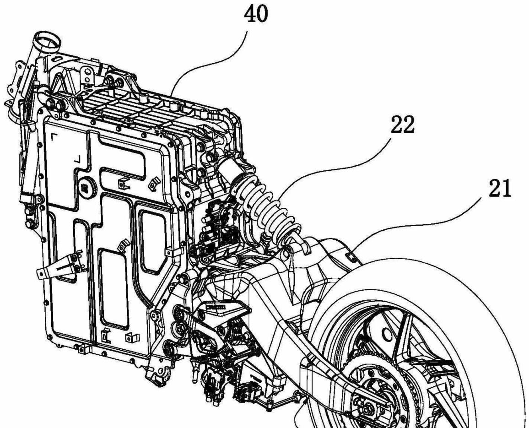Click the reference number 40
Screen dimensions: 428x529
click(x=256, y=15)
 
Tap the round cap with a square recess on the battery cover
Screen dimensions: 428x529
click(x=85, y=187)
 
